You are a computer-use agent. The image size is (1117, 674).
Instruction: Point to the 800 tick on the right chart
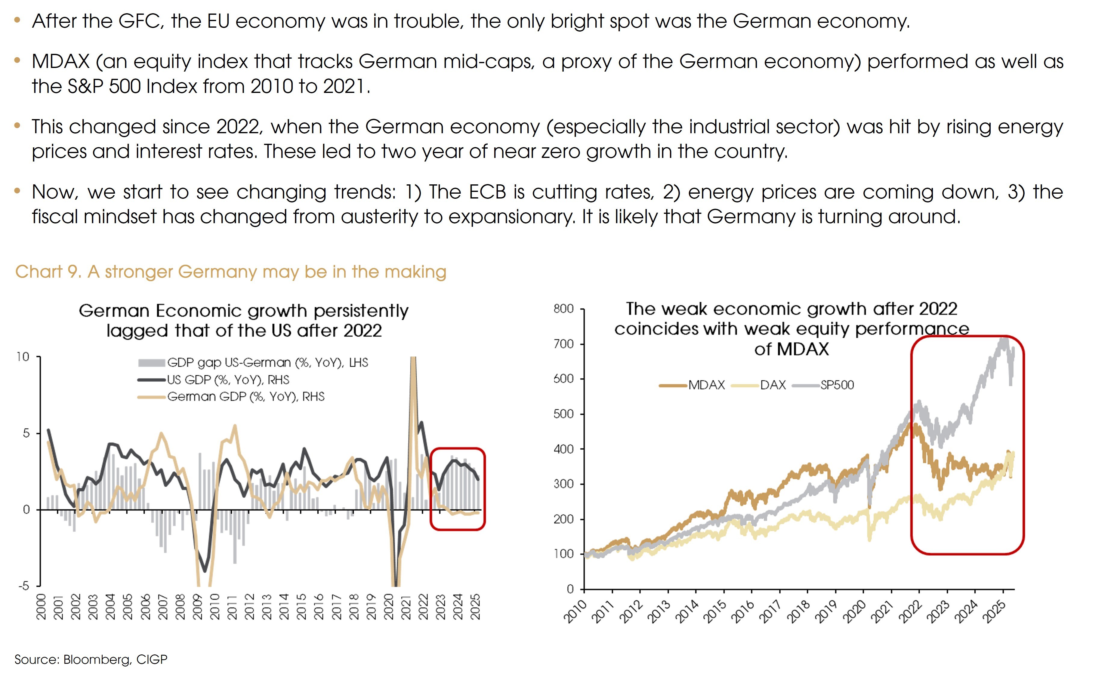point(563,309)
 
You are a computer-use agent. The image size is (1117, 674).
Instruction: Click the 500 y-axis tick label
point(563,414)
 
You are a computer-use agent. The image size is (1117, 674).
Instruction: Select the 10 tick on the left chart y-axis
point(23,357)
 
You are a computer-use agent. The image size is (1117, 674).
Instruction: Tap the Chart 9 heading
point(231,272)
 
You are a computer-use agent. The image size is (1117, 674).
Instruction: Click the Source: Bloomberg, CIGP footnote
point(91,660)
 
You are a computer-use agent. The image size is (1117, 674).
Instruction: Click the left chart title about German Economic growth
point(244,320)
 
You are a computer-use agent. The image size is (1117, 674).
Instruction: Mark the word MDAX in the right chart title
point(802,349)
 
